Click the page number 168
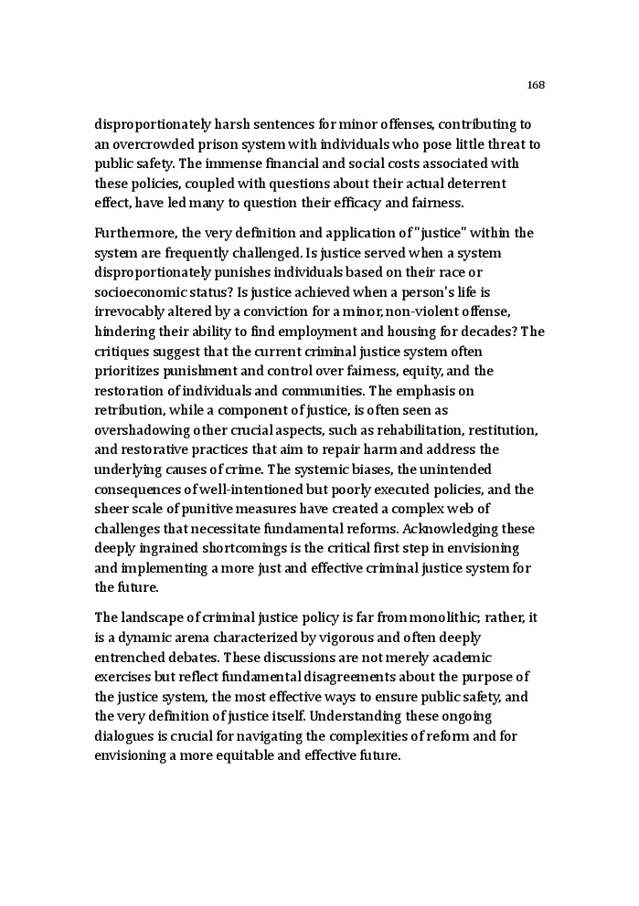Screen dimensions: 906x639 pos(536,85)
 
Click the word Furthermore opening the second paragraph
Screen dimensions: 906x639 pos(135,233)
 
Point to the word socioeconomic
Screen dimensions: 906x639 pos(138,292)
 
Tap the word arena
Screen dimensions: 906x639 pos(202,637)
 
